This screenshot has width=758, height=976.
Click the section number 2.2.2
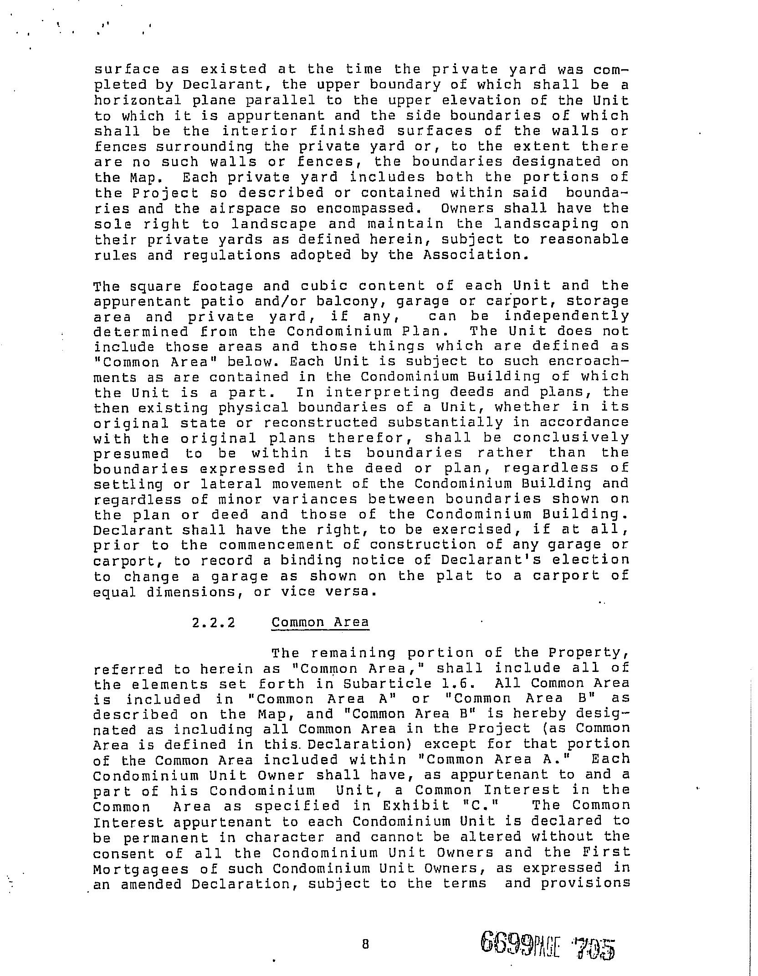click(214, 622)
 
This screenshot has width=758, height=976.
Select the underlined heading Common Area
click(320, 622)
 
